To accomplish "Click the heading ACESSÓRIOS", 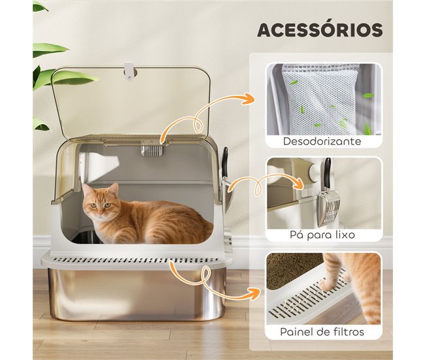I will coord(320,30).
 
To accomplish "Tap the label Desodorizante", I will coord(323,140).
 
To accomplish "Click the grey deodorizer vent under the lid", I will coord(152,151).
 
